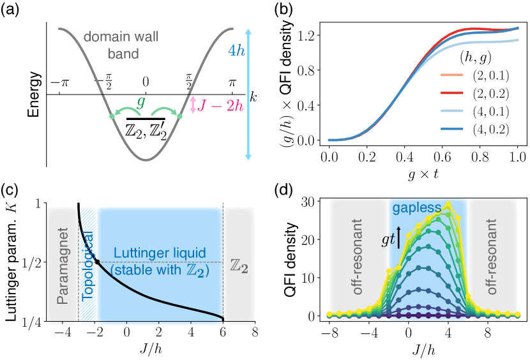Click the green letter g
140,101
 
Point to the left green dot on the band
112,116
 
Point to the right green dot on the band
179,116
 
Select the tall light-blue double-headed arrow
248,94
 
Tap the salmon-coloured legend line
451,75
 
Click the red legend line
451,93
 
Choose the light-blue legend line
451,110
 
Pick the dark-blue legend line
451,128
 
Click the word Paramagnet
63,264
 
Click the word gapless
417,208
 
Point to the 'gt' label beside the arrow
387,240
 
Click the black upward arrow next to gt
399,236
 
